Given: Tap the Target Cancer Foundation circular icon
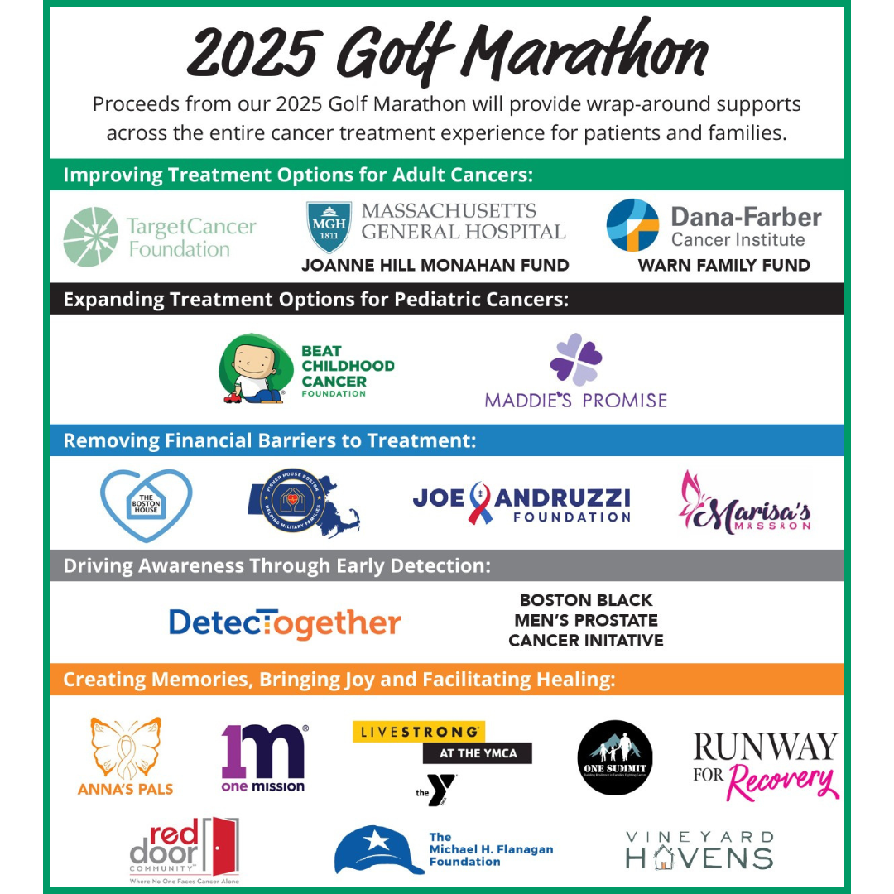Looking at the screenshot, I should click(91, 237).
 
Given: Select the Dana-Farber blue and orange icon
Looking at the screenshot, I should click(632, 225).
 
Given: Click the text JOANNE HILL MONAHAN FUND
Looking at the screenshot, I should click(435, 266).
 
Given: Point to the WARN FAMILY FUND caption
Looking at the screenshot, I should click(723, 266).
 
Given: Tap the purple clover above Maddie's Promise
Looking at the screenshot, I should click(575, 359).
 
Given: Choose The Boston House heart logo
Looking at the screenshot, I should click(146, 504).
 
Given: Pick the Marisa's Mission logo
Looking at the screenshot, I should click(745, 504).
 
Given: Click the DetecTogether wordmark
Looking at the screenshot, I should click(285, 622).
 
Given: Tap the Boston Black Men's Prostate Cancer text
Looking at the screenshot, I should click(586, 620).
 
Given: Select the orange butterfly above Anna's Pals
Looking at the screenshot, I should click(126, 748).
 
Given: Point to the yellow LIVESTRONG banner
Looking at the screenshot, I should click(418, 732).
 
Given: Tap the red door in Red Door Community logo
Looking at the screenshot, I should click(221, 846).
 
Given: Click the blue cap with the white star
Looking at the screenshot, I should click(377, 849).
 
